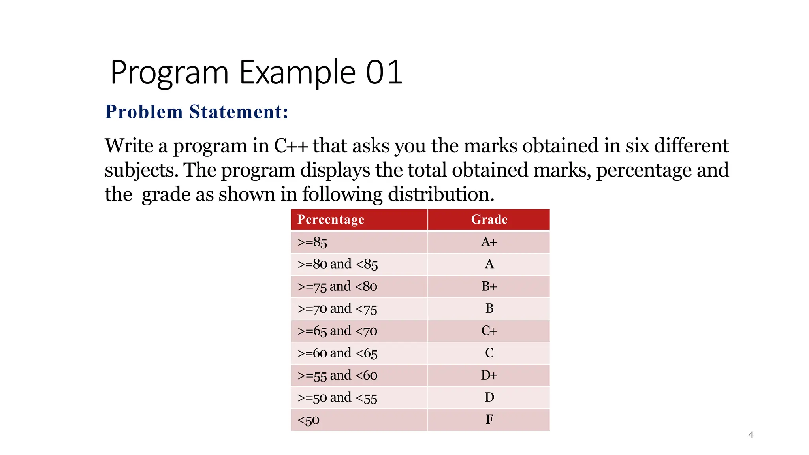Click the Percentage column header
[x=331, y=220]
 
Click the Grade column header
[x=489, y=220]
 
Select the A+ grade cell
[x=489, y=242]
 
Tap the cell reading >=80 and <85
[x=338, y=264]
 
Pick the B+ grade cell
[x=489, y=286]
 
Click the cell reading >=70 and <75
[x=337, y=308]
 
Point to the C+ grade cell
[x=489, y=331]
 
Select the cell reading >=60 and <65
[x=338, y=353]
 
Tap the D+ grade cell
[x=489, y=375]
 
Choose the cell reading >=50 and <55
[x=337, y=397]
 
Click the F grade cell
[x=489, y=419]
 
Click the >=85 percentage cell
[x=312, y=242]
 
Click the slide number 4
[x=751, y=435]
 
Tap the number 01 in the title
[x=384, y=72]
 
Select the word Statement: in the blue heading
[x=239, y=112]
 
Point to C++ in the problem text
[x=291, y=146]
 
